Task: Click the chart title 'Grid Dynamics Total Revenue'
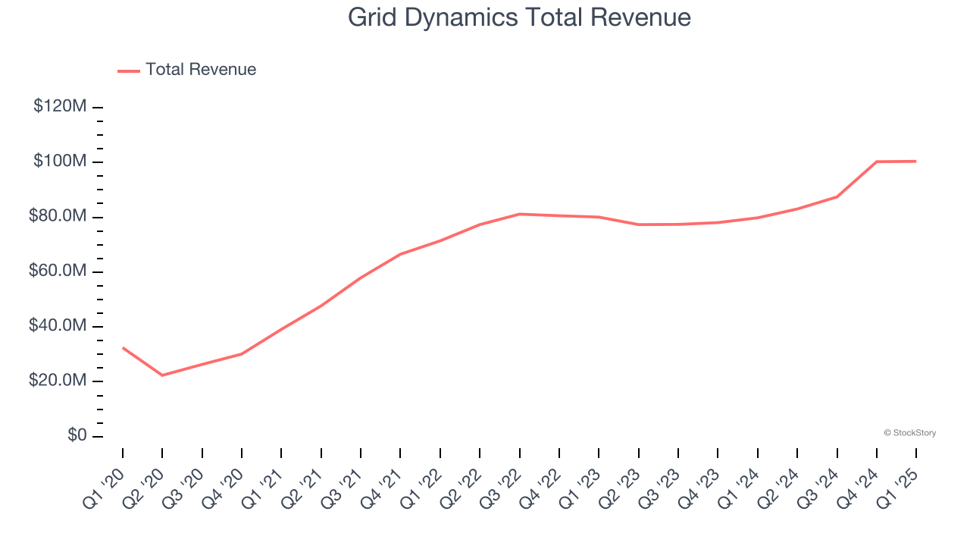tap(519, 17)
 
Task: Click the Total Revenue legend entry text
tap(201, 70)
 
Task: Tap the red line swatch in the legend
tap(129, 71)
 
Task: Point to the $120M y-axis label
tap(60, 107)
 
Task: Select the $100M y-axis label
tap(60, 162)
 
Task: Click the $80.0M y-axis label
tap(58, 217)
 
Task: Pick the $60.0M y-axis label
tap(58, 271)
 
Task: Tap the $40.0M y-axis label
tap(58, 326)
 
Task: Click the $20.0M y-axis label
tap(58, 381)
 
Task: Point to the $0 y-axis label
tap(77, 435)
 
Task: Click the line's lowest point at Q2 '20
tap(162, 375)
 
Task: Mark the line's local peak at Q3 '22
tap(520, 214)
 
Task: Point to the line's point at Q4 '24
tap(877, 162)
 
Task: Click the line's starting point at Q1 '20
tap(123, 348)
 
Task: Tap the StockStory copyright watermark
tap(909, 433)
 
